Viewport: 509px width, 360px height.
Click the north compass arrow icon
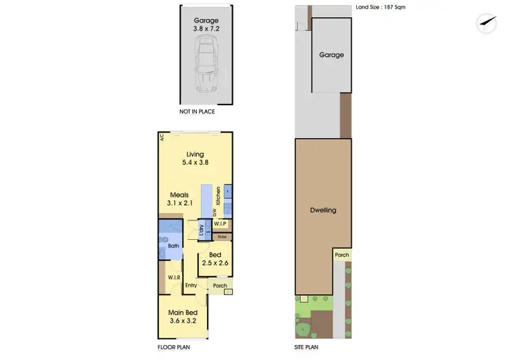point(484,22)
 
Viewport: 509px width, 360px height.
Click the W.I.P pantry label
point(221,223)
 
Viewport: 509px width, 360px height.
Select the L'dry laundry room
point(202,230)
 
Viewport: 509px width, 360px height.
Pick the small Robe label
point(222,236)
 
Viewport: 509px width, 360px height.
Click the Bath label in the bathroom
point(173,246)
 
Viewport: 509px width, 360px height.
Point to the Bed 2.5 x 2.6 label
point(214,259)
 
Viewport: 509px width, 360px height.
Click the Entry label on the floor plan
point(191,285)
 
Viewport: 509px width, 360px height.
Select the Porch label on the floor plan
point(220,285)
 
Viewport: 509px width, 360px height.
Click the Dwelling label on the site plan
point(322,211)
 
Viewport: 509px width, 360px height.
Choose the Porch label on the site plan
point(342,255)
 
